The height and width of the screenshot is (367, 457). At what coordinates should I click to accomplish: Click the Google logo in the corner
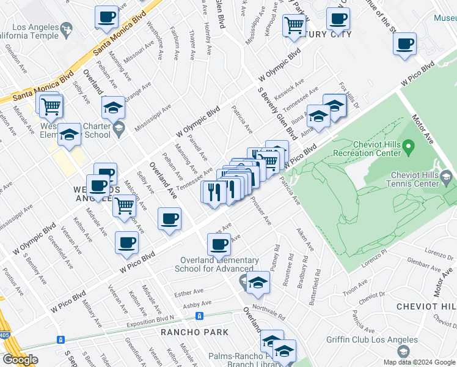tap(20, 360)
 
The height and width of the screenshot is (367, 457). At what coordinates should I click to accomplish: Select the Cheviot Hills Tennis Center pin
tap(447, 179)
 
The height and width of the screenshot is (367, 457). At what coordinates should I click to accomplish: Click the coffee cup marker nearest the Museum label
tap(404, 45)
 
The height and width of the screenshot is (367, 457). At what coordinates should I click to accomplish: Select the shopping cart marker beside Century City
tap(294, 25)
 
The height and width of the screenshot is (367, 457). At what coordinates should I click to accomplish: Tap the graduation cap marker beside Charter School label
tap(113, 108)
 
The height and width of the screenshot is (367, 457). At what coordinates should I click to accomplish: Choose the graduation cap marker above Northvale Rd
tap(258, 283)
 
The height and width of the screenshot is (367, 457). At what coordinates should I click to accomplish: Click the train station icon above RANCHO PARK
tap(199, 316)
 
